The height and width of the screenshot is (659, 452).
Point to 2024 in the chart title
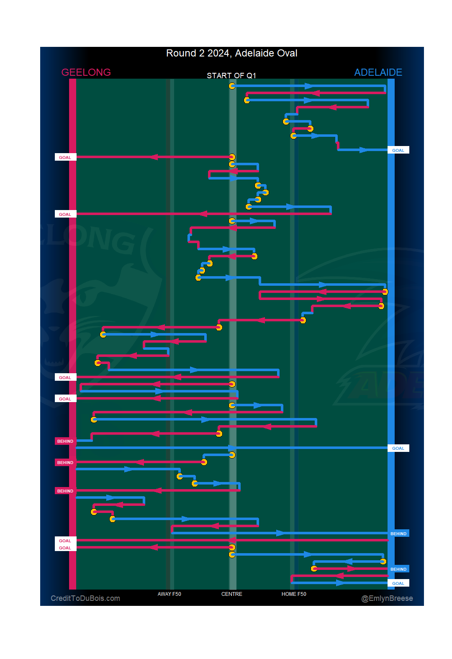[x=218, y=54]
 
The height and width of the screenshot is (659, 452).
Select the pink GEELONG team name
[x=86, y=72]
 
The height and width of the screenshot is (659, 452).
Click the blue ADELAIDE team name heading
[x=378, y=72]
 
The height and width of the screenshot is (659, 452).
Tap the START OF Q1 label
[x=231, y=76]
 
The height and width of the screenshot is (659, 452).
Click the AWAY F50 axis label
[x=169, y=594]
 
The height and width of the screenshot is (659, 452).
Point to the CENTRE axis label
[x=231, y=594]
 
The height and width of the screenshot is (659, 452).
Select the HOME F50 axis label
[x=293, y=594]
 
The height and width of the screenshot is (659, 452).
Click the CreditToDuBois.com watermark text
[x=85, y=598]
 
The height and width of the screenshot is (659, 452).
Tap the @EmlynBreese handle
[x=387, y=598]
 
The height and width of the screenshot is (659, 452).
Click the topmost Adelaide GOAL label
[x=398, y=150]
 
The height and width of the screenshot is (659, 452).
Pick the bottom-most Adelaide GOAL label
[x=398, y=583]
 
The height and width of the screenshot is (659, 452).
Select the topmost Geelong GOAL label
[x=65, y=158]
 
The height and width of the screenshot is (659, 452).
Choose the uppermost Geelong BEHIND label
[x=65, y=441]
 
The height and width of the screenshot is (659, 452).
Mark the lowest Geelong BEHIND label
[x=65, y=491]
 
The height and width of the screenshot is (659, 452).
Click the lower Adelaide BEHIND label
[x=398, y=569]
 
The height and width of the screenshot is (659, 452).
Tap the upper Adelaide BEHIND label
[x=398, y=533]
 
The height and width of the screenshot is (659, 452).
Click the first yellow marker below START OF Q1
[x=232, y=86]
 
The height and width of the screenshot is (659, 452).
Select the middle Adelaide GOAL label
[x=398, y=448]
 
